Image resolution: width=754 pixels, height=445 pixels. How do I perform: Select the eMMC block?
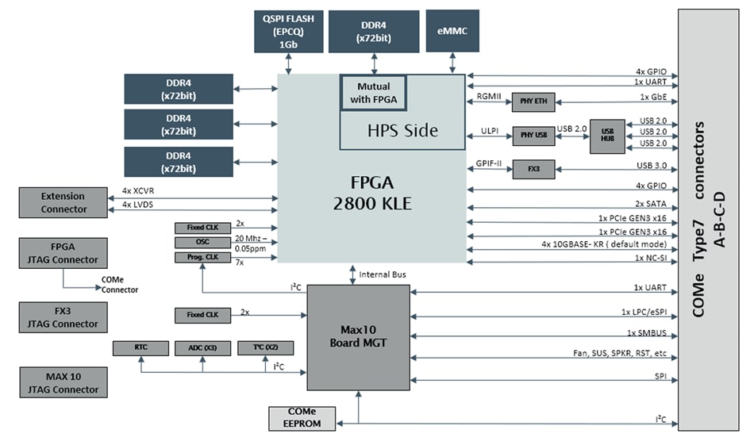tap(452, 31)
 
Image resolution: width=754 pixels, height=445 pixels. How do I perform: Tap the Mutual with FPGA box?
tap(373, 93)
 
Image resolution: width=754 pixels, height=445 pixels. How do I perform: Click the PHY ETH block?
tap(533, 102)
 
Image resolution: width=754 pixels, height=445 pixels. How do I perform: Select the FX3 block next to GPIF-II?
tap(533, 168)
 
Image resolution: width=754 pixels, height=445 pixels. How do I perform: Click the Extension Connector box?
tap(63, 202)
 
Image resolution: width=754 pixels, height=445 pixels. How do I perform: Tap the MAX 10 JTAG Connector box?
tap(63, 382)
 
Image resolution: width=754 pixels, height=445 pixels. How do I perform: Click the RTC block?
tap(140, 347)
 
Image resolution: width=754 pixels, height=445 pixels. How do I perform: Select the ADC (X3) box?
tap(203, 347)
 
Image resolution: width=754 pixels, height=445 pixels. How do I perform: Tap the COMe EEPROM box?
tap(303, 417)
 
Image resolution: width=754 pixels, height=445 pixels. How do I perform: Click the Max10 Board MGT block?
tap(359, 337)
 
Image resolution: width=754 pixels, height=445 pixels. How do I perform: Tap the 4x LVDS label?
tap(139, 205)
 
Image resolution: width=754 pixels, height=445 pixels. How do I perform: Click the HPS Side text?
tap(402, 130)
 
